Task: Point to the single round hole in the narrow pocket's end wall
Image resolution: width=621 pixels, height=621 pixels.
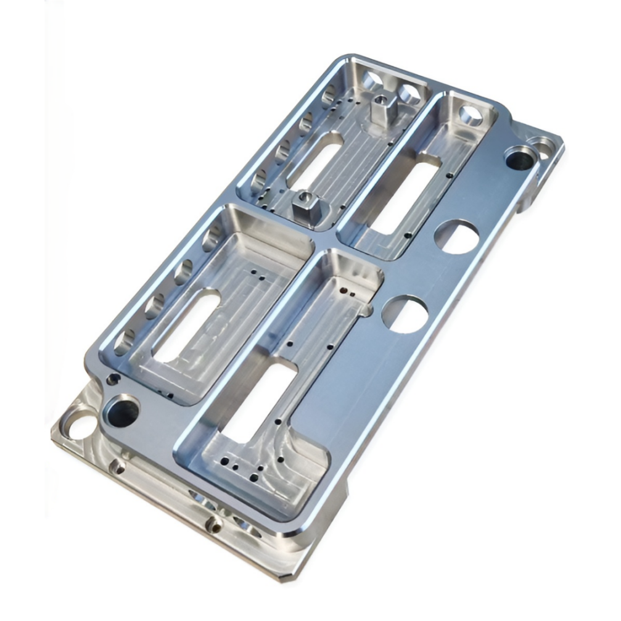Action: (470, 115)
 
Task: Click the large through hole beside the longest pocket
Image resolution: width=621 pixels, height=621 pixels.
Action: (405, 314)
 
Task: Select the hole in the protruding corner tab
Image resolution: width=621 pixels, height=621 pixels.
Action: (545, 146)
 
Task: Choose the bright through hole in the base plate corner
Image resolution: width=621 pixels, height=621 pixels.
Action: (81, 426)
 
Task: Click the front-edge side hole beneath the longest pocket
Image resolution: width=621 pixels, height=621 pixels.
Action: (214, 525)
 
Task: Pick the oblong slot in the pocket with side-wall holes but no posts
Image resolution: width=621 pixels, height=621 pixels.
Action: (187, 326)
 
